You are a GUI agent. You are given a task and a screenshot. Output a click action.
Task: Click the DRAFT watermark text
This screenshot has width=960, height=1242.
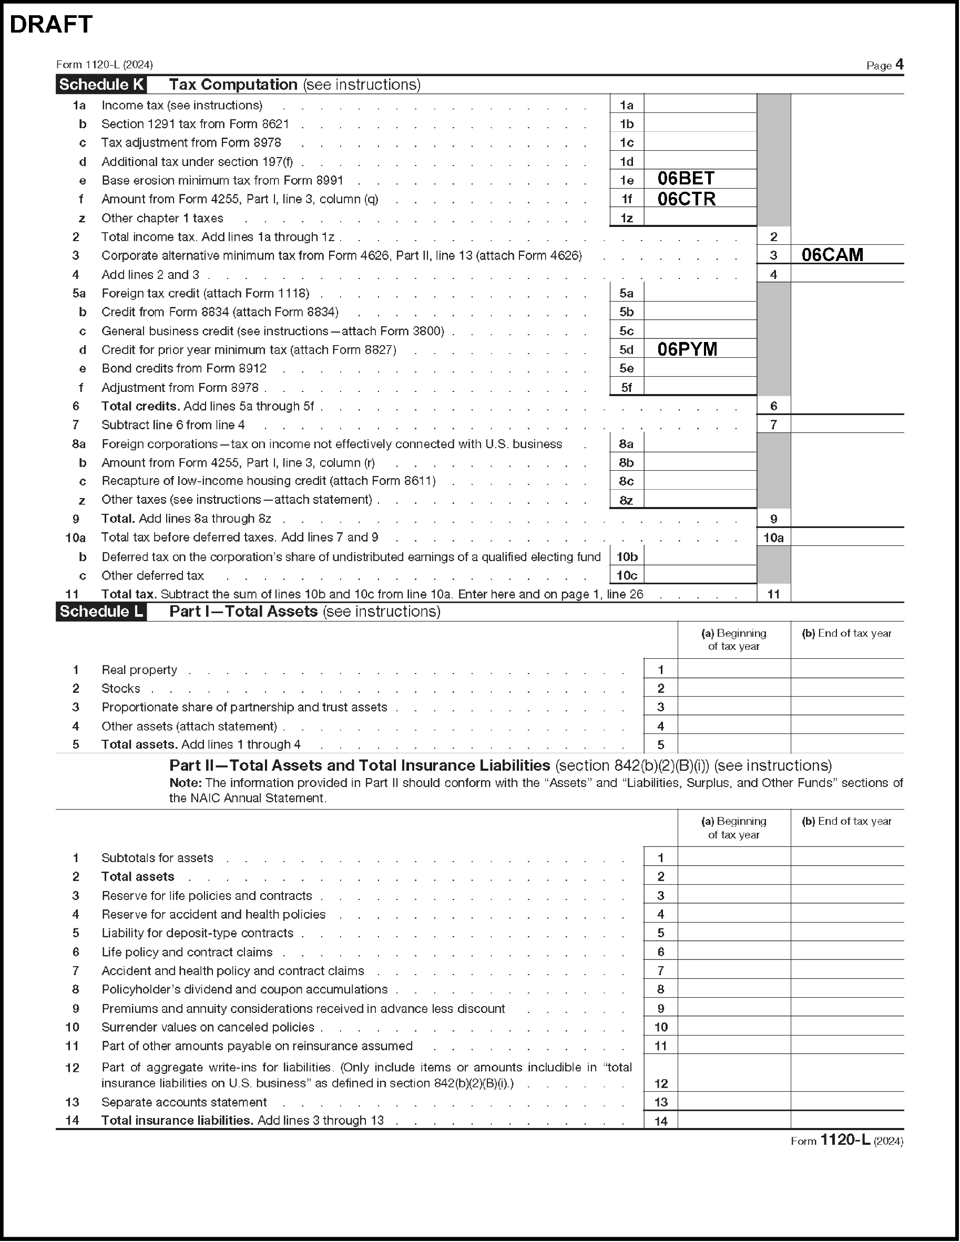click(51, 25)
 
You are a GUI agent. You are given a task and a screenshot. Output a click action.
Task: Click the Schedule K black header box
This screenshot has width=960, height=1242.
click(101, 85)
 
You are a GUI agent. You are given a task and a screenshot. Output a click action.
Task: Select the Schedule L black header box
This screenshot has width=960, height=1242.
click(101, 612)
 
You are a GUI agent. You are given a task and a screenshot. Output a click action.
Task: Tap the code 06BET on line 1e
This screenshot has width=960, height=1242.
click(686, 179)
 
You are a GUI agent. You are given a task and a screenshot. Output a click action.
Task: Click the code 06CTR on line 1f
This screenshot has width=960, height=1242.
click(686, 199)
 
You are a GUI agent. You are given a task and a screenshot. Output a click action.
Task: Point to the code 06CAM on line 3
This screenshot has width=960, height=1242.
click(832, 255)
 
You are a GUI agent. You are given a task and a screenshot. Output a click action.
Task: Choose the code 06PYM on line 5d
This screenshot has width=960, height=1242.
click(687, 349)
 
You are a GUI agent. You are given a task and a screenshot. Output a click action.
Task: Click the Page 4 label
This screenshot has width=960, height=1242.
click(884, 65)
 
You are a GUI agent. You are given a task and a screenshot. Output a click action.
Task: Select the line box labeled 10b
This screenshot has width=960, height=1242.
click(627, 557)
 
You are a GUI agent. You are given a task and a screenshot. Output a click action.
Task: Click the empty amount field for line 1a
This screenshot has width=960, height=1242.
click(700, 105)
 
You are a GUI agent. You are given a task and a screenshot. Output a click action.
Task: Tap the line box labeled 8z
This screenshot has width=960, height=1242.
click(627, 500)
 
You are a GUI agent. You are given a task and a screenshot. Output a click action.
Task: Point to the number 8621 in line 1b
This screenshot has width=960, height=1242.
click(274, 124)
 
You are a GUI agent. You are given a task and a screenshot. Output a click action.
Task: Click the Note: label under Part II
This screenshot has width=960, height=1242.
click(186, 783)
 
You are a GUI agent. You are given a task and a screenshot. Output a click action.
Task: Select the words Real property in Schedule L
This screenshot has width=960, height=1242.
click(139, 670)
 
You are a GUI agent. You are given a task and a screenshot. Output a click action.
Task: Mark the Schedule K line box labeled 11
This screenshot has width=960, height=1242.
click(773, 594)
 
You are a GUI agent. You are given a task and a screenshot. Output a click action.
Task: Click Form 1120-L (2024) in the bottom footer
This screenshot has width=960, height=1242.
click(847, 1141)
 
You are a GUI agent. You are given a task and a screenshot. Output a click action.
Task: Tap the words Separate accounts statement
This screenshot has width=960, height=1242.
click(184, 1102)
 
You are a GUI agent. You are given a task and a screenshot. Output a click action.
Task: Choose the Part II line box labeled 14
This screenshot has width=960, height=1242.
click(661, 1121)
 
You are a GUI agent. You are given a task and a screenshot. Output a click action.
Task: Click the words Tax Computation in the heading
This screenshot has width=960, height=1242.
click(233, 85)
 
